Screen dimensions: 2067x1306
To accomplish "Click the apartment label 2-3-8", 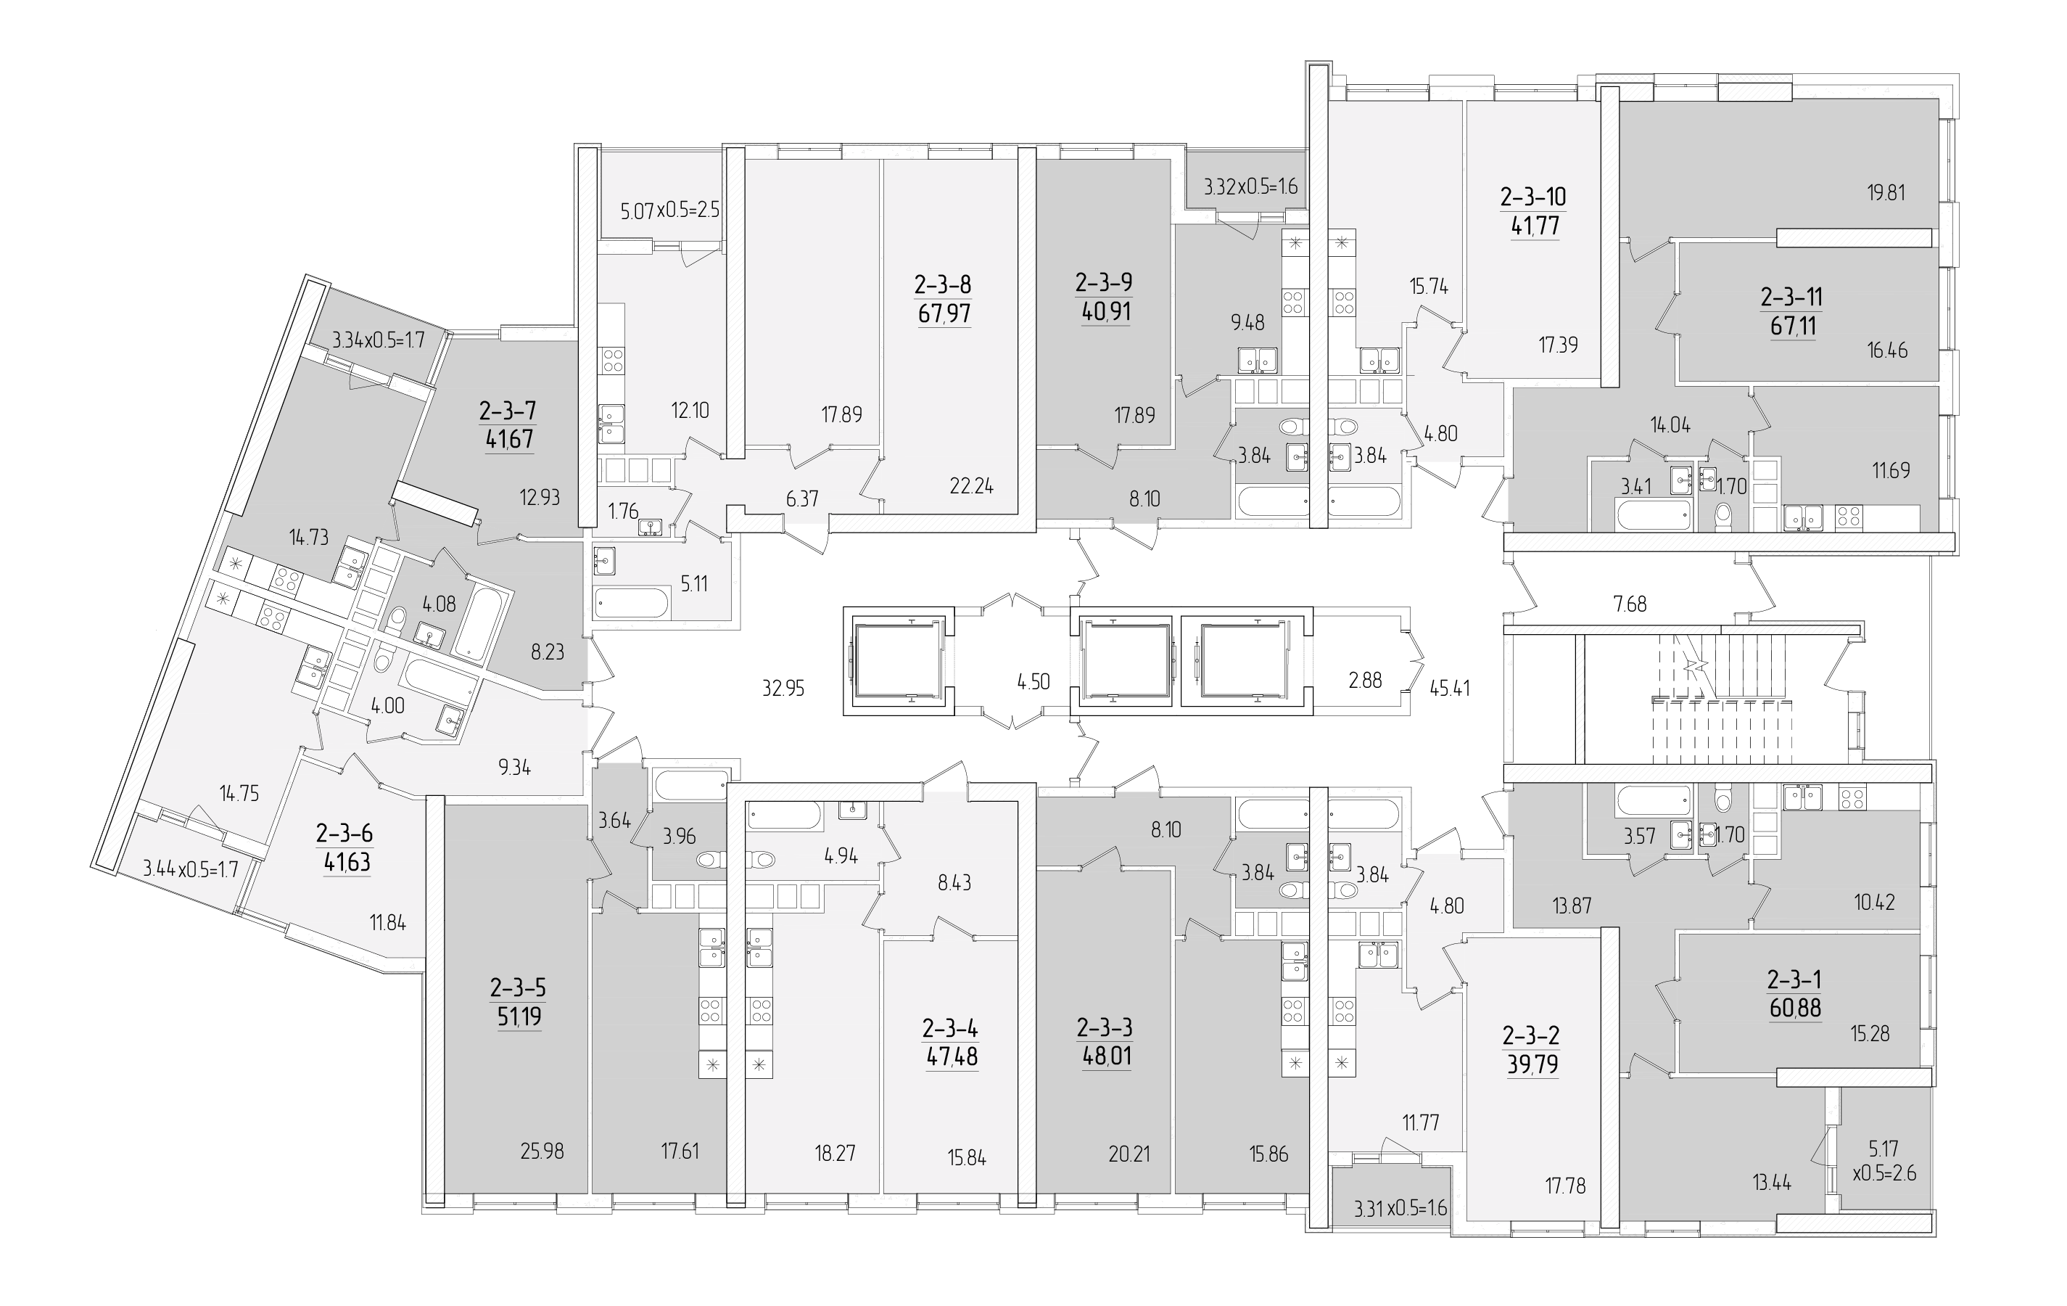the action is (x=944, y=284).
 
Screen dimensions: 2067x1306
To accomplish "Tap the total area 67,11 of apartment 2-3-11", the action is (x=1792, y=326).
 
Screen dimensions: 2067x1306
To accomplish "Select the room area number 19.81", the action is (x=1886, y=192).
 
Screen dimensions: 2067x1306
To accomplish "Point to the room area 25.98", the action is (x=542, y=1151).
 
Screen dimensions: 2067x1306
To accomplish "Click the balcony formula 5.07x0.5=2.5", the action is (x=670, y=210).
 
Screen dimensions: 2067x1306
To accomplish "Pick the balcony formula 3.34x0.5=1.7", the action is (x=379, y=339).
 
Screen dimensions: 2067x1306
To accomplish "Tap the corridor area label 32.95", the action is (x=783, y=688).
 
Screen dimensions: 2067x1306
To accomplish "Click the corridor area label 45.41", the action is (x=1450, y=688).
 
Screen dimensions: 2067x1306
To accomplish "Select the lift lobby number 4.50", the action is (x=1033, y=683).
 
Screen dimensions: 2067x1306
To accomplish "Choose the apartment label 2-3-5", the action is (x=518, y=988).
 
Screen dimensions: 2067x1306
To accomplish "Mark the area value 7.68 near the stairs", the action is (x=1630, y=604).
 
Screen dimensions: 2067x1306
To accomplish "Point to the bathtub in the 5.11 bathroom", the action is (x=632, y=603).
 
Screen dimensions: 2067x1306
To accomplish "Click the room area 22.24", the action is (x=972, y=487).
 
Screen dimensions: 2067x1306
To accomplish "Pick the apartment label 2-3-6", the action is (x=344, y=833).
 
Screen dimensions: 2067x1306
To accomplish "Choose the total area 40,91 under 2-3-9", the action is (x=1107, y=312).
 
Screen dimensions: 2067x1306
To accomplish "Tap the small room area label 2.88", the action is (x=1365, y=681).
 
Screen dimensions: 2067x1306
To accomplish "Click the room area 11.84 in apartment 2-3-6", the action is (x=388, y=924).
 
